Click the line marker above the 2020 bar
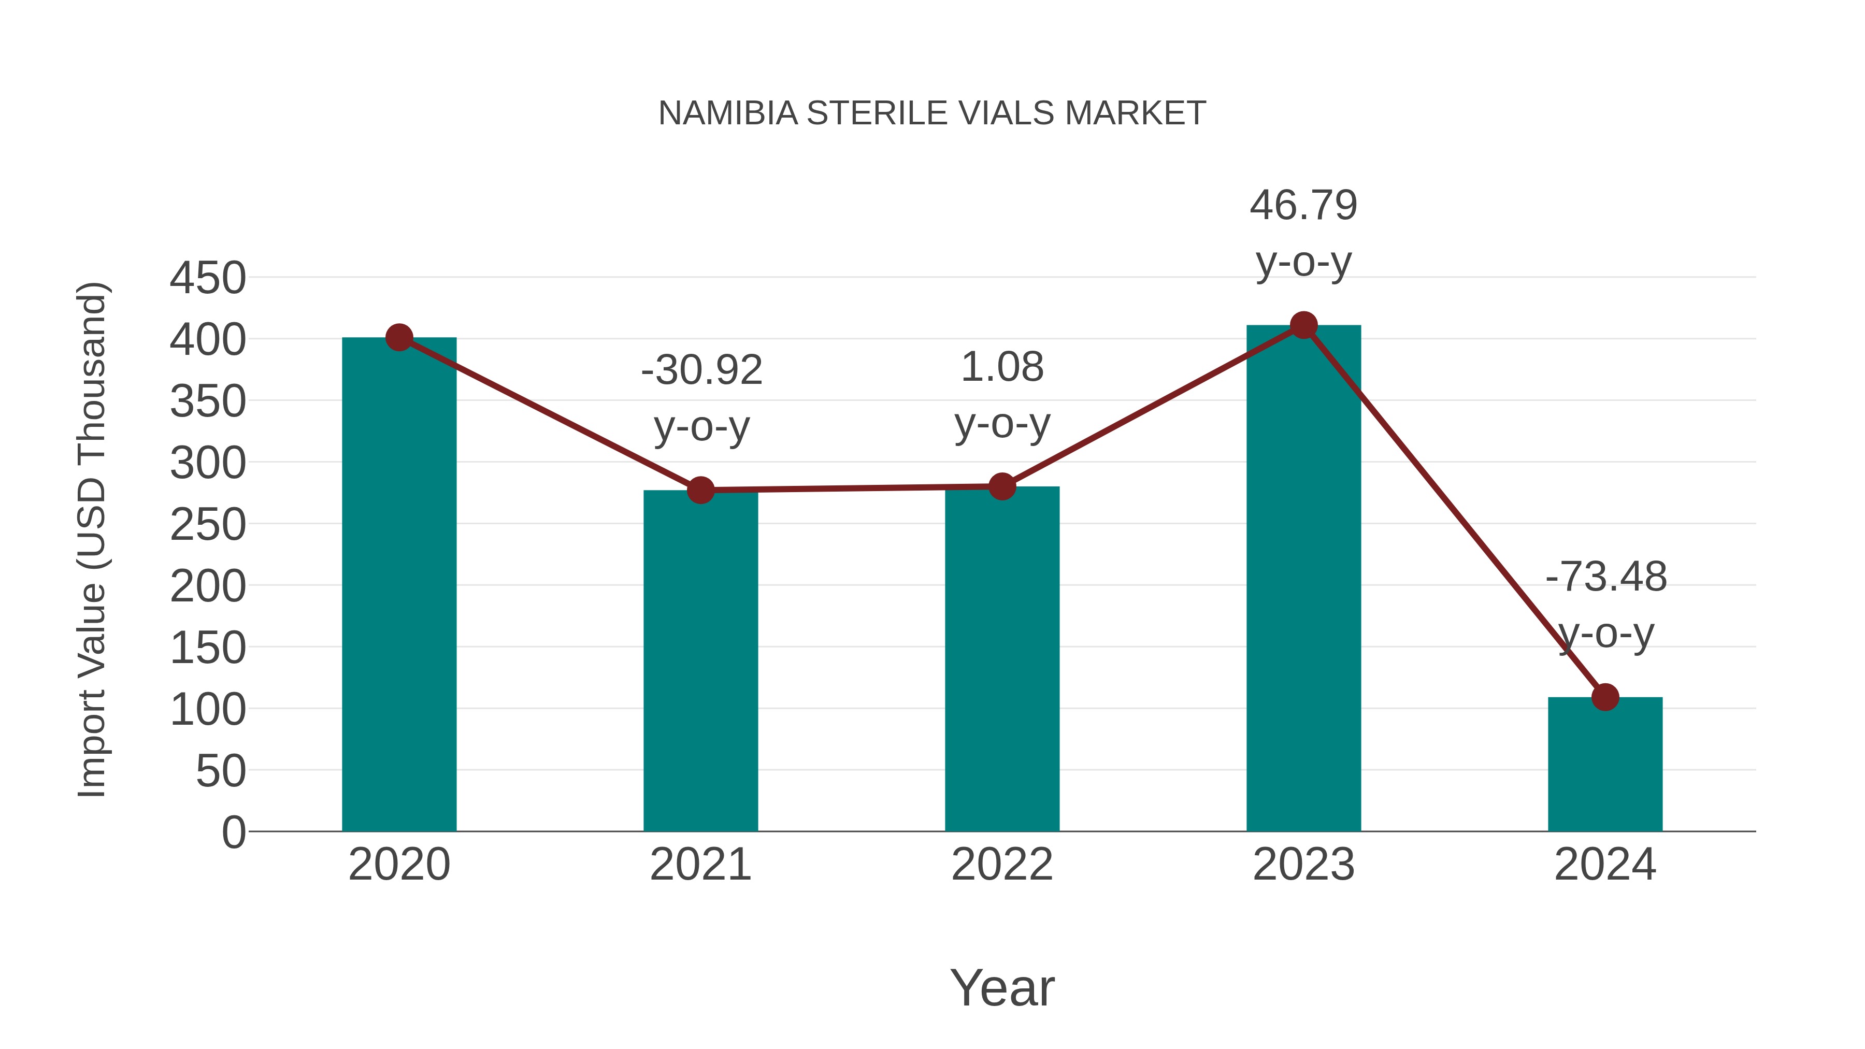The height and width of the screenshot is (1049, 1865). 399,337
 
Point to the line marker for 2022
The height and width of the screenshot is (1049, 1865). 1001,486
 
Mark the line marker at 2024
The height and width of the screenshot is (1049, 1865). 1605,697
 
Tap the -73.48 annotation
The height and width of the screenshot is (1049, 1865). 1606,577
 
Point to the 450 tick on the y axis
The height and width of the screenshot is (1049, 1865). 208,278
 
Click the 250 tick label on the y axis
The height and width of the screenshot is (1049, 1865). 208,525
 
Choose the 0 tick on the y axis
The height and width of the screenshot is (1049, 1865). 234,832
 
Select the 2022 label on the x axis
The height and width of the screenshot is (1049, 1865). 1001,865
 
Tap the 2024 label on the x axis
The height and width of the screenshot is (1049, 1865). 1605,865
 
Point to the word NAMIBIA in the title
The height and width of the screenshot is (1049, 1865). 728,113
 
